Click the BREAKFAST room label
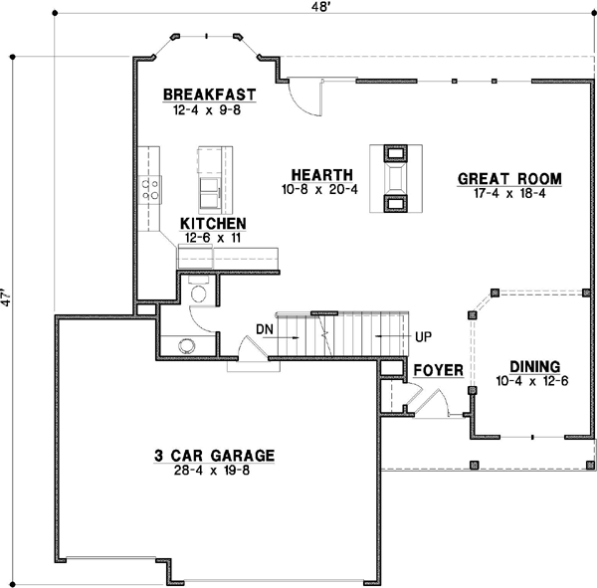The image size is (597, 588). tap(209, 96)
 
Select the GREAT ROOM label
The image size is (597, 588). tap(509, 179)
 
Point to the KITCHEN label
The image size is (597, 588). tap(213, 224)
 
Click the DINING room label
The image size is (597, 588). tap(533, 365)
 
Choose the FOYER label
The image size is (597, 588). tap(438, 371)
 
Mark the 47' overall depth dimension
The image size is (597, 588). tap(8, 298)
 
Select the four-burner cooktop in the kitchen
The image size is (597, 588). tap(153, 189)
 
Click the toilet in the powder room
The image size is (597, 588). tap(198, 292)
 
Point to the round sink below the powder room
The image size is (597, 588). tap(186, 346)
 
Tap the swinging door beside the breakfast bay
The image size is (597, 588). tap(303, 96)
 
